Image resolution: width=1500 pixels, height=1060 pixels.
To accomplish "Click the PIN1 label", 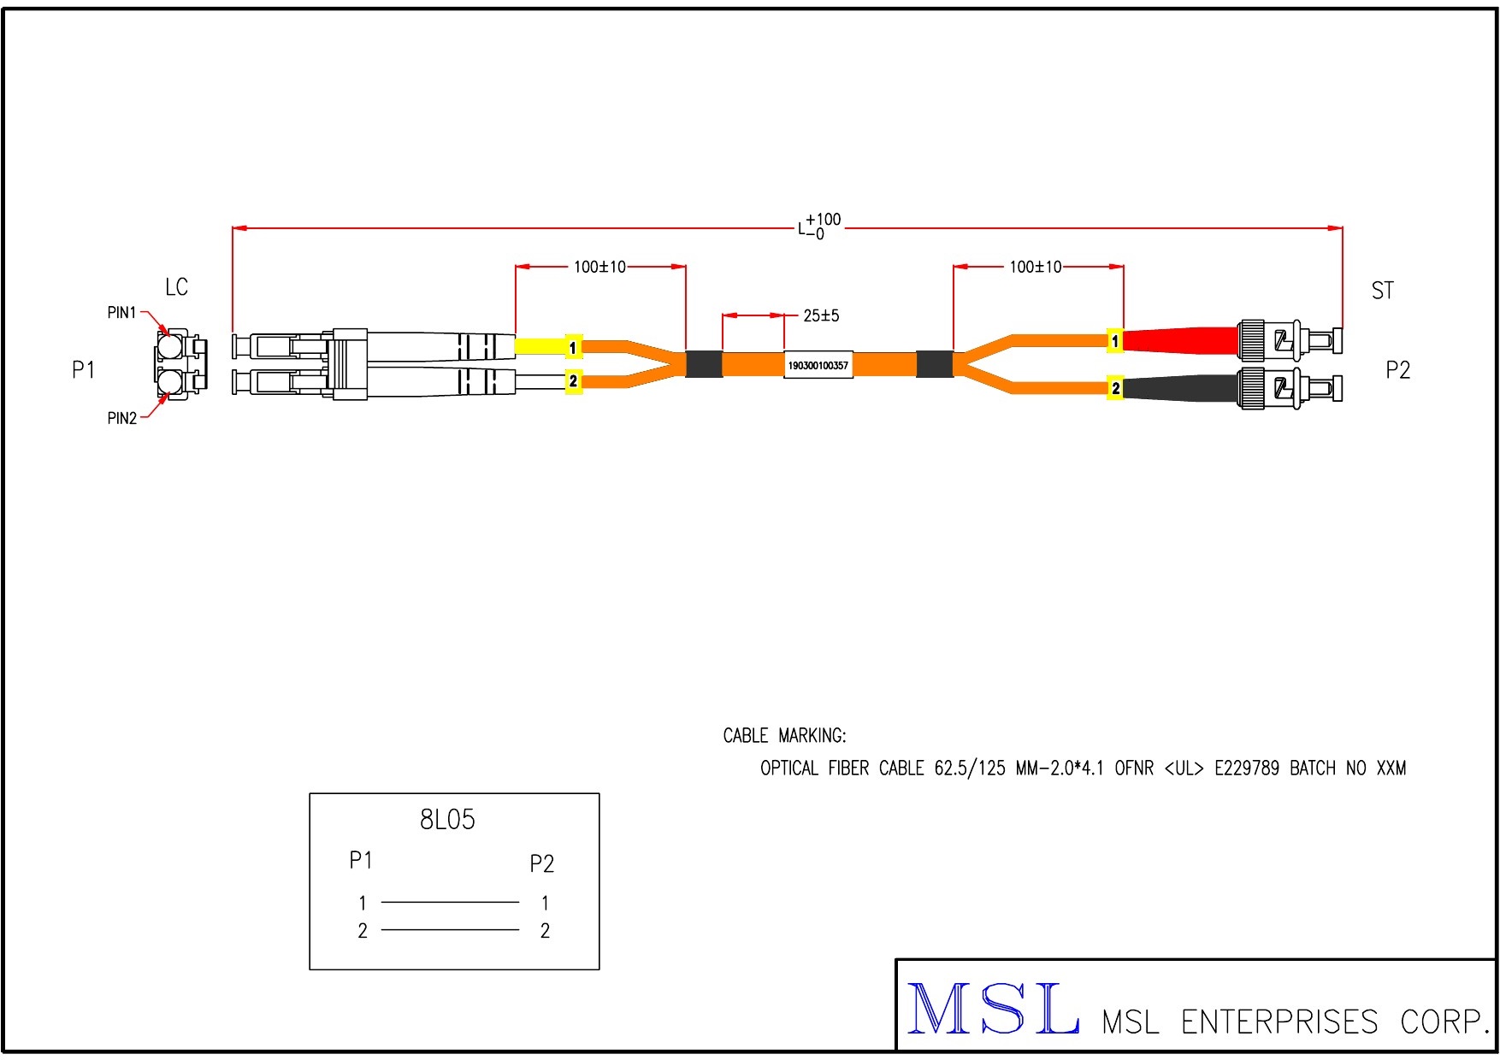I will pos(121,313).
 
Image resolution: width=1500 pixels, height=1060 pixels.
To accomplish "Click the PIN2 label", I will pos(121,418).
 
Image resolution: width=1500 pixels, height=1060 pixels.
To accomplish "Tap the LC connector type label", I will pos(176,287).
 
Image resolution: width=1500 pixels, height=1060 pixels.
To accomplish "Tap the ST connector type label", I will pos(1382,291).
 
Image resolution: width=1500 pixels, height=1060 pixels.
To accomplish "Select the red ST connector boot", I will pos(1180,340).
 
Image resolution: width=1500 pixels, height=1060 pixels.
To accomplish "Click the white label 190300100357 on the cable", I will pos(818,365).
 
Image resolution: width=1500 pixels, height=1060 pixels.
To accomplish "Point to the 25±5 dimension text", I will pos(821,316).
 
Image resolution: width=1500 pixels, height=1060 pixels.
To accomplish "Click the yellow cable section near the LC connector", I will pos(539,346).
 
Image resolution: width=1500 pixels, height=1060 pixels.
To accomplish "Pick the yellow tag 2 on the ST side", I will pos(1115,388).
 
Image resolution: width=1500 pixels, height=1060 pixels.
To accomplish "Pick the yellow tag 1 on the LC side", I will pos(573,347).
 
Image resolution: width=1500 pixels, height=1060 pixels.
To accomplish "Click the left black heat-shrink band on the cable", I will pos(704,364).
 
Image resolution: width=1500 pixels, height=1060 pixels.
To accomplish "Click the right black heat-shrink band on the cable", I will pos(935,364).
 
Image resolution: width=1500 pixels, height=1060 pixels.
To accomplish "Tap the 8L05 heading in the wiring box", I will pos(447,820).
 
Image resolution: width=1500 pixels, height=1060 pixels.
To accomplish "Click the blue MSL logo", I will pos(992,1010).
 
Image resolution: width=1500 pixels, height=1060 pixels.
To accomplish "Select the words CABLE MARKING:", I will pos(784,736).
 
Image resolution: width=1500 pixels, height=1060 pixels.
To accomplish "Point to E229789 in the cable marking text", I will pos(1246,768).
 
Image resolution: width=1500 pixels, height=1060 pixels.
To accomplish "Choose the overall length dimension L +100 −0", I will pos(819,227).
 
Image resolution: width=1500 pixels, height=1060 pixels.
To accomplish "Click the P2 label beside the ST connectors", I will pos(1397,370).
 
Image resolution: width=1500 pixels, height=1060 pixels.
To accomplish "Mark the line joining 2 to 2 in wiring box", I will pos(450,930).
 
